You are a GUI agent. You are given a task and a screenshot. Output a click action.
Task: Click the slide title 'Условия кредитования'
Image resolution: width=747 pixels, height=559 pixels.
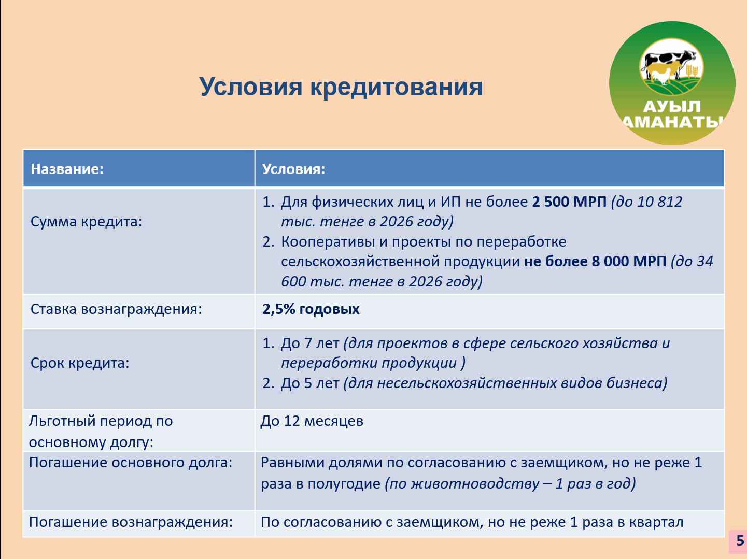[341, 88]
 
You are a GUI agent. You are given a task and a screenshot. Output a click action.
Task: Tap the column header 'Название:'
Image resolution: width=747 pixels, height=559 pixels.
[67, 169]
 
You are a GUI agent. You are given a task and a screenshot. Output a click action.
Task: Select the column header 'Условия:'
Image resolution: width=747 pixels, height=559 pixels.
[294, 169]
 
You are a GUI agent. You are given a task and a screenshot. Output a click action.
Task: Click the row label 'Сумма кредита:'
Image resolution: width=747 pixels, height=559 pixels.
[86, 222]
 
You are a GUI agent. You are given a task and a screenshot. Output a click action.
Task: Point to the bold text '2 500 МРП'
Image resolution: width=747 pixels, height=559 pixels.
[569, 202]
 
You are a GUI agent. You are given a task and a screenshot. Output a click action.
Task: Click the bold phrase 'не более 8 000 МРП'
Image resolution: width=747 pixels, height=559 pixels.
[595, 262]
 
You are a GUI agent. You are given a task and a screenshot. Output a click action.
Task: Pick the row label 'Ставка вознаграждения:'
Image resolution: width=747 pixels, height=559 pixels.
[116, 309]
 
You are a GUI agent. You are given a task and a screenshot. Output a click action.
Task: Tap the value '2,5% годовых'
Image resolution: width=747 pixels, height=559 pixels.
[311, 309]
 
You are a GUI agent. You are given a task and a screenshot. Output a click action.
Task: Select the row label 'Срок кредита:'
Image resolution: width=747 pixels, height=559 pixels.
[80, 363]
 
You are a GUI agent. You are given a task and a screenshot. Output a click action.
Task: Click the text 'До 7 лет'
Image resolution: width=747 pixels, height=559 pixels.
[309, 343]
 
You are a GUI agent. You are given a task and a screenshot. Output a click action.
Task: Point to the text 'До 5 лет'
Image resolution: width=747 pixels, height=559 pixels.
[309, 383]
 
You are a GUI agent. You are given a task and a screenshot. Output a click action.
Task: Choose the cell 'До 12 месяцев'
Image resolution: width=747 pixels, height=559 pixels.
[312, 421]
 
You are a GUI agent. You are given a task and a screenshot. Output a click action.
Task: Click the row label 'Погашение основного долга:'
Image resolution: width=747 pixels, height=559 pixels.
[131, 463]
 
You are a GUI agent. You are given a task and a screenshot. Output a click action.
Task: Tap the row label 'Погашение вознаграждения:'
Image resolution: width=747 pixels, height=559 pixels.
[131, 522]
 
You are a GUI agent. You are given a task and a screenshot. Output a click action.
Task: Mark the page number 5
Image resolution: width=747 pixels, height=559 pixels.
[740, 541]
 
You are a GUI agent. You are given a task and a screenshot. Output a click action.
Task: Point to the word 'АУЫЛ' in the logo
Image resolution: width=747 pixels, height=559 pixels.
[672, 107]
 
